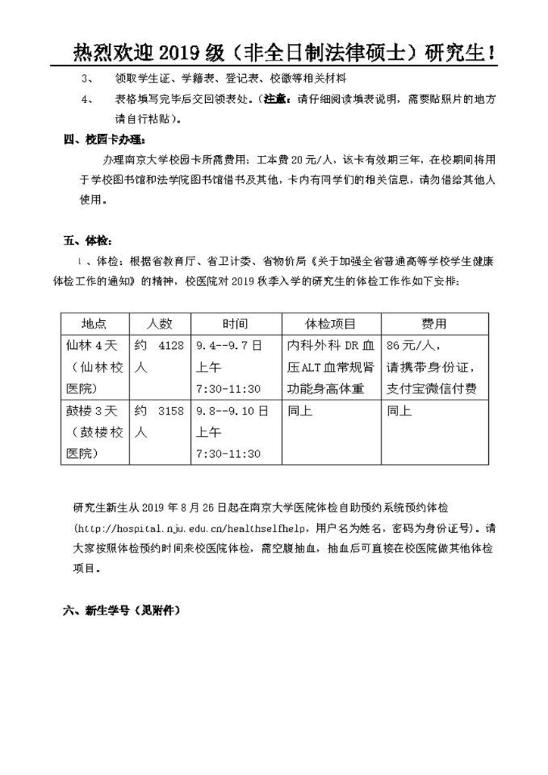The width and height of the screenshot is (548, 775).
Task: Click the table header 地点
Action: pyautogui.click(x=95, y=324)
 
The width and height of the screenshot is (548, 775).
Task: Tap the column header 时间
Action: pyautogui.click(x=235, y=324)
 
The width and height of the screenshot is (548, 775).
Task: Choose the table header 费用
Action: pyautogui.click(x=434, y=324)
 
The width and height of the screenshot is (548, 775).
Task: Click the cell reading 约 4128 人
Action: pyautogui.click(x=159, y=356)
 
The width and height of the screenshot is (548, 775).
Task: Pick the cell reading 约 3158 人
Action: pyautogui.click(x=159, y=422)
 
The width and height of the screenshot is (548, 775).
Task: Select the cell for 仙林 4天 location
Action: pyautogui.click(x=95, y=367)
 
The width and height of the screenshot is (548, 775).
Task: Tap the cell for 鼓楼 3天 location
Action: pyautogui.click(x=95, y=432)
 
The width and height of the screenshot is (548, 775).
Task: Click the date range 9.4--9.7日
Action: pyautogui.click(x=229, y=346)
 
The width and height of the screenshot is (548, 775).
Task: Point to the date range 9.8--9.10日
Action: pyautogui.click(x=232, y=411)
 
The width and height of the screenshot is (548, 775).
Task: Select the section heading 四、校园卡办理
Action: pyautogui.click(x=103, y=139)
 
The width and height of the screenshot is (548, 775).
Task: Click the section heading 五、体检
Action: pyautogui.click(x=88, y=241)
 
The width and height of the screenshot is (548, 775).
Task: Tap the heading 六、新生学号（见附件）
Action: pyautogui.click(x=122, y=609)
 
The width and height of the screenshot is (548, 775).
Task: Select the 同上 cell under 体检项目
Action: pyautogui.click(x=300, y=411)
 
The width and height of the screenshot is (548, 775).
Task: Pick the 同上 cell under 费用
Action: pyautogui.click(x=399, y=411)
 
